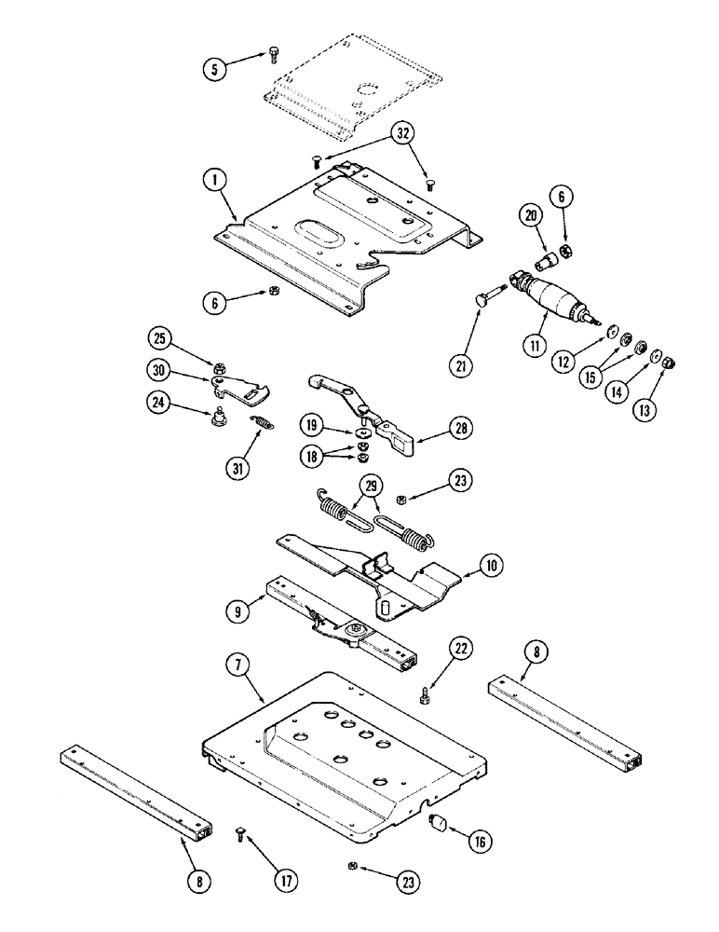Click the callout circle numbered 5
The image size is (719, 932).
click(216, 68)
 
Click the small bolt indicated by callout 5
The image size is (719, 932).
click(272, 55)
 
